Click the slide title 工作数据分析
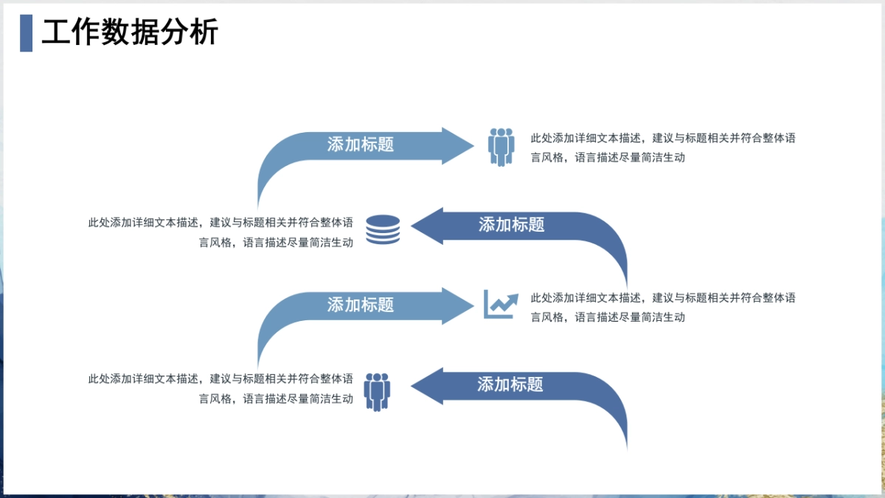(x=130, y=33)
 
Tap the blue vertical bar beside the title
(x=26, y=33)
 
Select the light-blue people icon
(x=501, y=146)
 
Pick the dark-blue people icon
(x=377, y=391)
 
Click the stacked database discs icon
(x=383, y=229)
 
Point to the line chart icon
(x=499, y=304)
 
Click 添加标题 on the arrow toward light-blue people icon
(x=361, y=145)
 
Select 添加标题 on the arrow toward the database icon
(x=511, y=225)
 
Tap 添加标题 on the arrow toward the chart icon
(x=361, y=305)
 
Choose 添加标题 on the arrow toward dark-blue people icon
(x=510, y=384)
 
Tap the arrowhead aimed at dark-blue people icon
(x=428, y=386)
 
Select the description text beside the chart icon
(x=662, y=308)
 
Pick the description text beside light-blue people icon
(x=662, y=148)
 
